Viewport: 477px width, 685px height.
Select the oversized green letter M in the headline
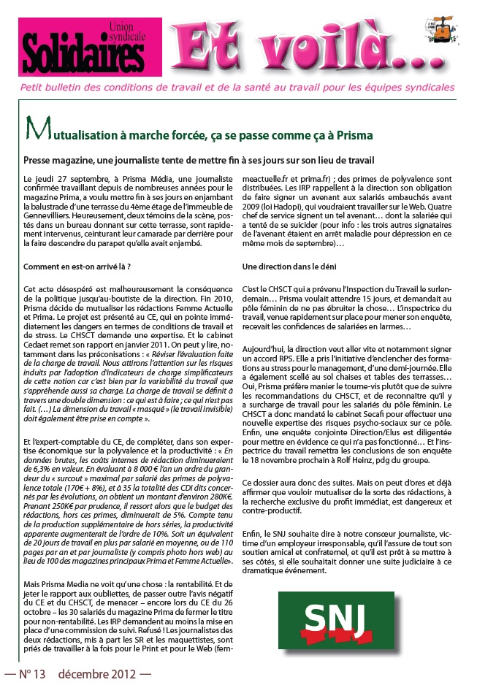34,133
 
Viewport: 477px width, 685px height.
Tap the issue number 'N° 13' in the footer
31,674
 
